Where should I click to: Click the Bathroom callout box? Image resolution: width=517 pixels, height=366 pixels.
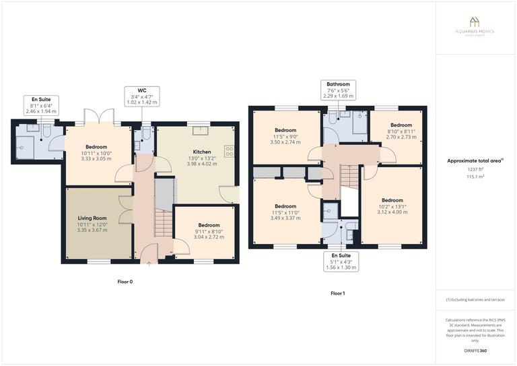pos(338,85)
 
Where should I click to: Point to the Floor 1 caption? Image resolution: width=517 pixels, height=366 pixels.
pos(337,293)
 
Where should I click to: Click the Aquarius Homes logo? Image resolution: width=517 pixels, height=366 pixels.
pos(475,24)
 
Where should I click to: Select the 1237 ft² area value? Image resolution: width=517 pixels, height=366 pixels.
pos(475,169)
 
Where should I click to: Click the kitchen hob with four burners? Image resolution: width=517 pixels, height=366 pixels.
pos(229,152)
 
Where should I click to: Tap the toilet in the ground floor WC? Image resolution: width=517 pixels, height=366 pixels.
pos(139,134)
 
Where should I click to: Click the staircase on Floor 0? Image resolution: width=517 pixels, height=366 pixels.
pos(164,209)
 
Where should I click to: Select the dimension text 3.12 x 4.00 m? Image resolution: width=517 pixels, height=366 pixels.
pos(392,212)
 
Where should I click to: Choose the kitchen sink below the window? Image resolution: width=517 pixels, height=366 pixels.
pos(199,128)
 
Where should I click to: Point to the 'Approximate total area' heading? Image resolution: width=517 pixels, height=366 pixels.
pos(475,161)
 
